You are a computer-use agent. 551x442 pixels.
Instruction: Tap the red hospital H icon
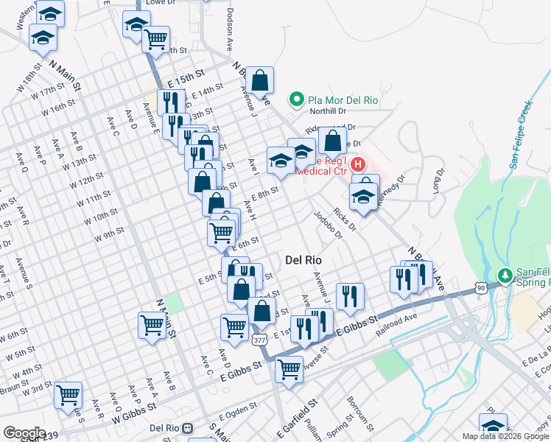click(358, 164)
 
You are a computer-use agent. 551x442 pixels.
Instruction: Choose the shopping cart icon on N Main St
click(151, 325)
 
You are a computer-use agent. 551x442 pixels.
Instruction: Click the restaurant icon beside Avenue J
click(351, 295)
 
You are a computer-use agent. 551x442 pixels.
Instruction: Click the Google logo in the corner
click(24, 433)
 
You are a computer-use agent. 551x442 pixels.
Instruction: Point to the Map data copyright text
click(505, 436)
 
